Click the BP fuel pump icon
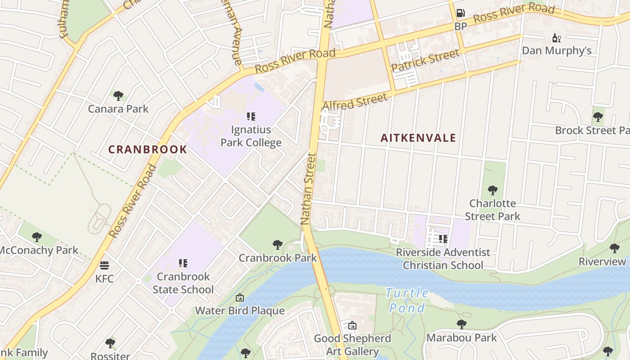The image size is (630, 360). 460,13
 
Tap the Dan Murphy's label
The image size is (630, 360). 557,50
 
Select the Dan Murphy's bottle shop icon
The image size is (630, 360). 557,38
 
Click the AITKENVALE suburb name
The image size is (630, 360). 418,138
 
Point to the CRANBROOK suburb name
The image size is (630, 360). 148,149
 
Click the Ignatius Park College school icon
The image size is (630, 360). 251,117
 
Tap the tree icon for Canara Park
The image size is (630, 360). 118,95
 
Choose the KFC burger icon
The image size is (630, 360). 104,265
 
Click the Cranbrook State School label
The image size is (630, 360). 183,283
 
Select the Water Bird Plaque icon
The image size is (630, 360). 239,297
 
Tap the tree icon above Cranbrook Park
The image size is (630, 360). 278,245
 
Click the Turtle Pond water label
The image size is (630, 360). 408,300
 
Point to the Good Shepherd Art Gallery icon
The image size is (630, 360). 352,325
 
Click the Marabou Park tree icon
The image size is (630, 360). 461,324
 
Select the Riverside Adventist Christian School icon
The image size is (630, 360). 443,239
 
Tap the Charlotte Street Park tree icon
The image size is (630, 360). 492,190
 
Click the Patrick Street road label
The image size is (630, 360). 425,60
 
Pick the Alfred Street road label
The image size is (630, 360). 355,101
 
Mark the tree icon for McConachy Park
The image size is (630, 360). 37,237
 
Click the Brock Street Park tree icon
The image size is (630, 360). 598,117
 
